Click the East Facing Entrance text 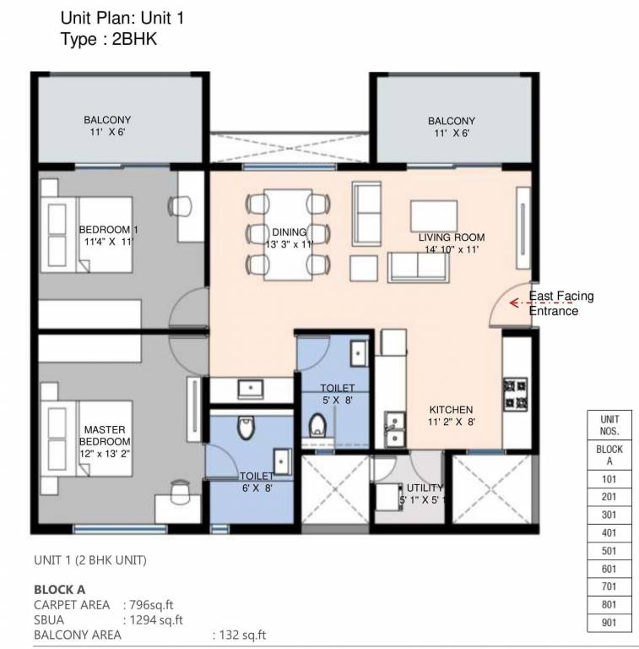(x=560, y=303)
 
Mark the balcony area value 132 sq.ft (x=241, y=635)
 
